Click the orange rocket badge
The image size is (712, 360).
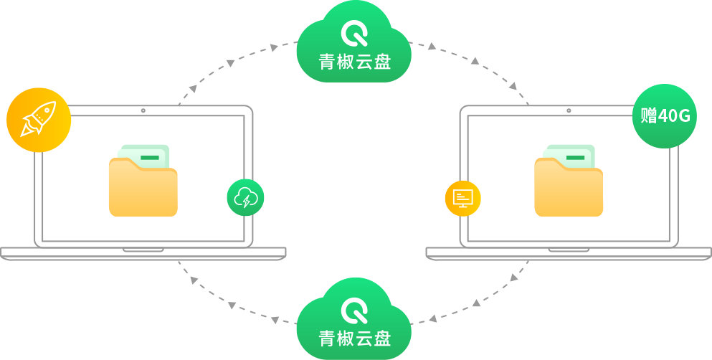(39, 120)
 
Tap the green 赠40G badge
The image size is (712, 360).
(665, 116)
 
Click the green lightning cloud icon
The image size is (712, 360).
(245, 197)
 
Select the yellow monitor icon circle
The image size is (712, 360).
(462, 198)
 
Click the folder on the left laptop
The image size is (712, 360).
(143, 189)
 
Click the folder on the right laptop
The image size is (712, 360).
(569, 189)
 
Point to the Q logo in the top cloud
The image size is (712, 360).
(354, 33)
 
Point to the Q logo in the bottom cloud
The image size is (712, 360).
(354, 311)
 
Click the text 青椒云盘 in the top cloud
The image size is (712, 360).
(354, 62)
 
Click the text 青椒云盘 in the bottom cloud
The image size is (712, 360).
(354, 338)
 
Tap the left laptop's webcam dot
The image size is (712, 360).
(143, 111)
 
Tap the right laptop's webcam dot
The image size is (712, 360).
(569, 111)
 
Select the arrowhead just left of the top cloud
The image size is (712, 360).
(274, 48)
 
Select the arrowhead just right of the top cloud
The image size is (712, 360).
(432, 47)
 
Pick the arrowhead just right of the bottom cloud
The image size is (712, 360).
(433, 318)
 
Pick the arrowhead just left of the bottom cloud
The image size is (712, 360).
(275, 319)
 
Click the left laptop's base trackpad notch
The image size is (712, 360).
(143, 250)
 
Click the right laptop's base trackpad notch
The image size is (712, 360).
(569, 250)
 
